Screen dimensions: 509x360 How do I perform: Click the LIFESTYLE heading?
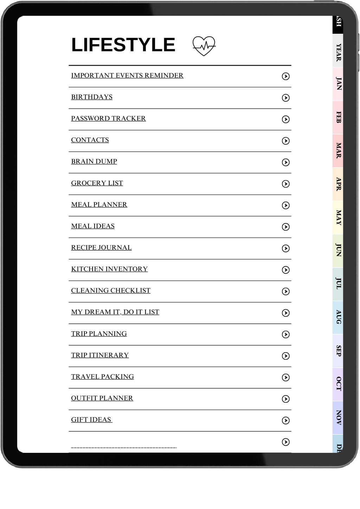click(x=123, y=45)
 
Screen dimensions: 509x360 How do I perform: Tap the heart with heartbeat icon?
click(x=204, y=46)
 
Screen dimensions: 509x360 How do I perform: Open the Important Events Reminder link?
click(x=127, y=76)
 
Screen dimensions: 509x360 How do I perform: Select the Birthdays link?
click(x=92, y=97)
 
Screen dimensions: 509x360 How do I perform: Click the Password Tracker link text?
click(x=108, y=118)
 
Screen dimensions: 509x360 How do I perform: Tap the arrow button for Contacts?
click(x=286, y=141)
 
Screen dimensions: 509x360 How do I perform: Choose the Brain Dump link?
click(x=94, y=161)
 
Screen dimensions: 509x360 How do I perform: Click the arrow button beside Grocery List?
click(x=286, y=184)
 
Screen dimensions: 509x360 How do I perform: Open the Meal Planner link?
click(x=99, y=205)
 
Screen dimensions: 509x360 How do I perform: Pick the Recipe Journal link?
click(x=101, y=247)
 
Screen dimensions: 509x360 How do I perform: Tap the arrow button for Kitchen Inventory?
click(x=286, y=270)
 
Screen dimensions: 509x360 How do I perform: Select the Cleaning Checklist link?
click(x=111, y=291)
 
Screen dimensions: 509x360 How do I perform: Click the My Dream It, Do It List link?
click(x=115, y=312)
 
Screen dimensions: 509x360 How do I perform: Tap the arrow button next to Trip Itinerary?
click(x=286, y=356)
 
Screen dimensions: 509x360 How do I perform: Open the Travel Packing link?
click(x=102, y=377)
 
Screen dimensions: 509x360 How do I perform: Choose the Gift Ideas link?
click(x=91, y=420)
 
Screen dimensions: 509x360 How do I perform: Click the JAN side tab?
click(x=338, y=84)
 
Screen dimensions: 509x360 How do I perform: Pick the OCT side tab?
click(x=338, y=384)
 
